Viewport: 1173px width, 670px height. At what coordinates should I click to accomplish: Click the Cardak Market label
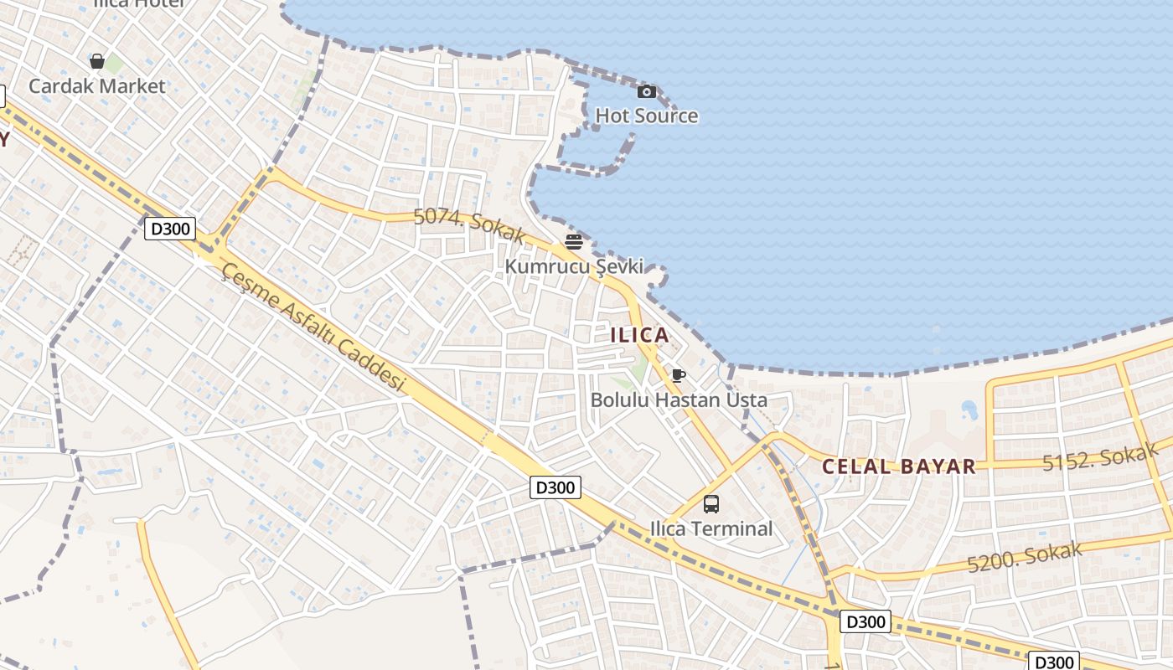pos(97,85)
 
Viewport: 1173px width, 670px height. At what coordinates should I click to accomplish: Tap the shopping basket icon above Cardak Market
pos(97,61)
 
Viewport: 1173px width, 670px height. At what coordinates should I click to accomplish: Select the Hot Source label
pos(646,116)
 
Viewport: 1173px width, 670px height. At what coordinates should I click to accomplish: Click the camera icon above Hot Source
pos(647,91)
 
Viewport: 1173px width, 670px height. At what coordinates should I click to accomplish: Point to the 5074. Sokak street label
pos(469,224)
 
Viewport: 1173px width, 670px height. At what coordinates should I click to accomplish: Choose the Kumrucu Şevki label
pos(574,266)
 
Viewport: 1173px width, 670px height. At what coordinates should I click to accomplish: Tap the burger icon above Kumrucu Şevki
pos(574,242)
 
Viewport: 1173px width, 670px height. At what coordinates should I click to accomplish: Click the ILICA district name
pos(640,335)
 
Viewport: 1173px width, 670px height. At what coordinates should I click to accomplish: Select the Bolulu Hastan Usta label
pos(679,399)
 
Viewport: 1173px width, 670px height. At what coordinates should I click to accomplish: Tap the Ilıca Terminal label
pos(711,528)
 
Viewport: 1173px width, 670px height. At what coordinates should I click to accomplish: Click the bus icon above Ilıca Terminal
pos(711,504)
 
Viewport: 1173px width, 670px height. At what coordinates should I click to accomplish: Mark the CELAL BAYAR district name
pos(899,466)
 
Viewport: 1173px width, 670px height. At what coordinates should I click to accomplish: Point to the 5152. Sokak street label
pos(1100,456)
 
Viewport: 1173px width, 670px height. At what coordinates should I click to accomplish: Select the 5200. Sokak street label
pos(1025,557)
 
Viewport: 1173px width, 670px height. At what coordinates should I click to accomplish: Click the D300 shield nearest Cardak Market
pos(170,229)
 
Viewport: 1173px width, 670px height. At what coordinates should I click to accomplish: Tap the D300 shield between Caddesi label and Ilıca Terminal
pos(555,487)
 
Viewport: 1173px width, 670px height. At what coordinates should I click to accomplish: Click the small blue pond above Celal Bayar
pos(969,410)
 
